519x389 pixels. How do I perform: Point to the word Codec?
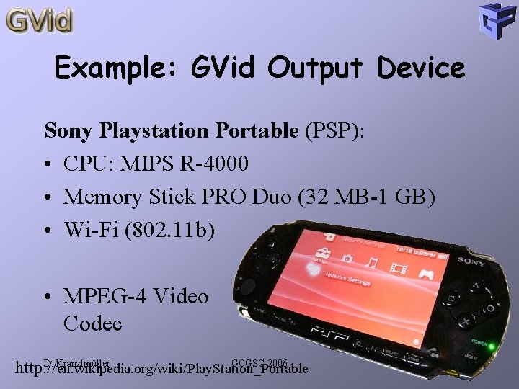[x=93, y=323]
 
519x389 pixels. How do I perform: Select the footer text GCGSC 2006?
[x=259, y=362]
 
